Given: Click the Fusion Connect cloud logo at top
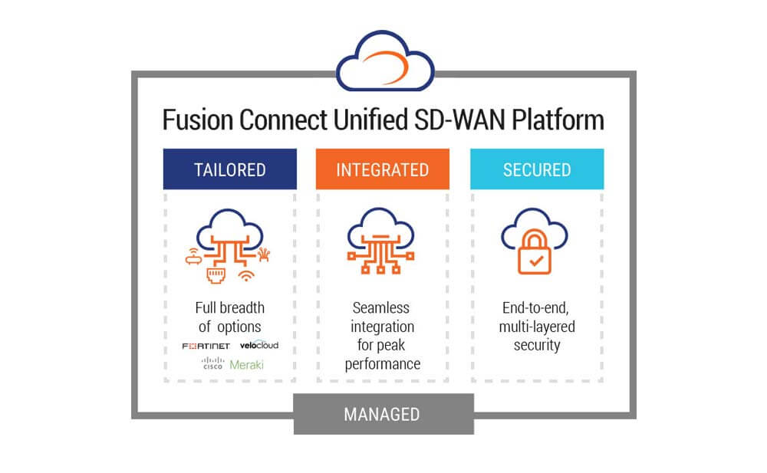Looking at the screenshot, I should (x=384, y=62).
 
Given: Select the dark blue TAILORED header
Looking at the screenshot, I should (x=229, y=169).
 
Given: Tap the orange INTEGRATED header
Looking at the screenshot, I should (x=383, y=169).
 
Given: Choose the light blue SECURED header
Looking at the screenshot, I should (x=536, y=169).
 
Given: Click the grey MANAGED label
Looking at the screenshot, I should (x=383, y=415).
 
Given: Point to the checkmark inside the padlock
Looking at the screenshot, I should (x=536, y=261).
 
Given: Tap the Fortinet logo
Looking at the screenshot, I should (x=206, y=346).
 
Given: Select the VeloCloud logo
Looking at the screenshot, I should (x=258, y=345).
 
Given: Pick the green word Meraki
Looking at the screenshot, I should (x=246, y=365).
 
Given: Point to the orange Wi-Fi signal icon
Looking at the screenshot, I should (x=246, y=274).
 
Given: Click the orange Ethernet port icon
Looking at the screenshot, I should (x=217, y=276).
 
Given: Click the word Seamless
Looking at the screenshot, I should (x=383, y=307).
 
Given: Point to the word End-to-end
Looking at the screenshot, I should (x=536, y=307).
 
